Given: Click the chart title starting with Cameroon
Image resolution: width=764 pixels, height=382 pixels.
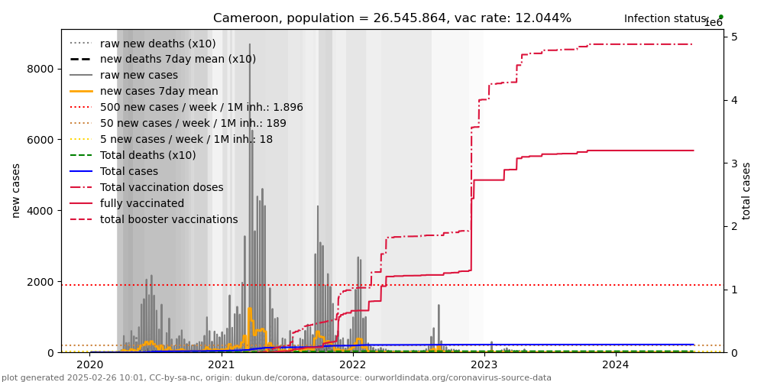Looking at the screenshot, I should click(392, 18).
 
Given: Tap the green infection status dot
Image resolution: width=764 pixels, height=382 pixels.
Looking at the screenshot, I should click(720, 17).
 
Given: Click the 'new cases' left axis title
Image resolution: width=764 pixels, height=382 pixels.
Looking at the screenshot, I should click(16, 190).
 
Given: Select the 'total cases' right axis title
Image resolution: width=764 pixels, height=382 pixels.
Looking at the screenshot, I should click(747, 190).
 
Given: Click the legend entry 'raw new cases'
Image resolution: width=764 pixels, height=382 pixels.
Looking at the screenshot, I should click(138, 76).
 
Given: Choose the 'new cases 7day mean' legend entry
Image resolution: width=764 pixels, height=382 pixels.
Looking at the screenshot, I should click(159, 92).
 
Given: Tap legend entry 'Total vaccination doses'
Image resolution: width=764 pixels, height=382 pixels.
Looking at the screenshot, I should click(161, 188).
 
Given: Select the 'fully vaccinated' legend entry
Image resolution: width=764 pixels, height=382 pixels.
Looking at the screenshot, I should click(142, 204).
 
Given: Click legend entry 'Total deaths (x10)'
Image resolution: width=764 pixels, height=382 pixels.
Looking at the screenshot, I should click(147, 156).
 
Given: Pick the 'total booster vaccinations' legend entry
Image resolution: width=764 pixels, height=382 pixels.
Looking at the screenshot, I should click(169, 220).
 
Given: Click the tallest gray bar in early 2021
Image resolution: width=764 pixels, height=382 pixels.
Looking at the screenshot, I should click(250, 191).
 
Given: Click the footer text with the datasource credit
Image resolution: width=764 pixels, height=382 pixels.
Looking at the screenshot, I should click(276, 377).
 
